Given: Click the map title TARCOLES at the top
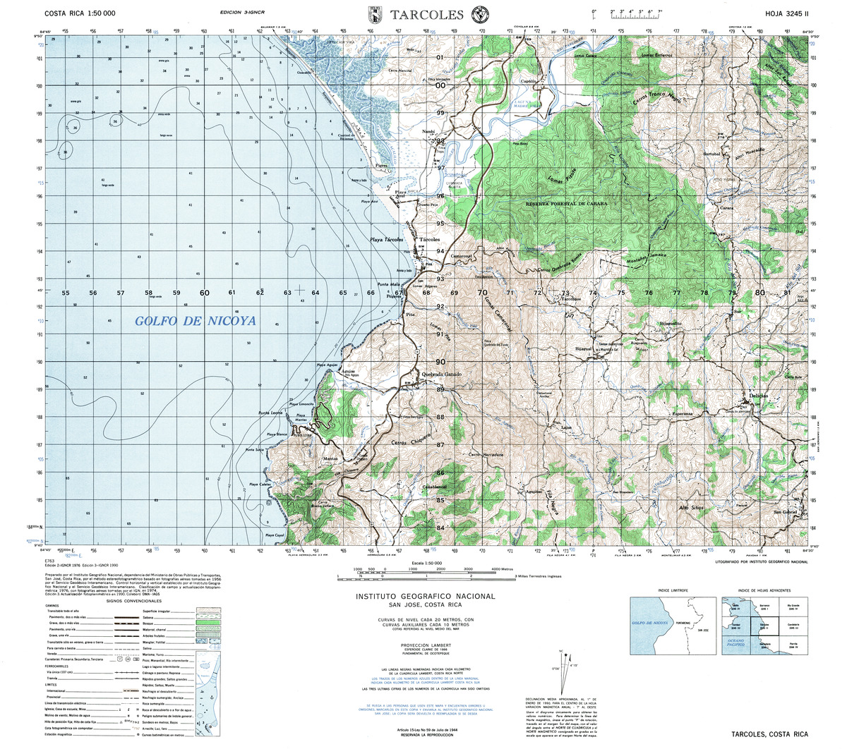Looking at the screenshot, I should tap(426, 14).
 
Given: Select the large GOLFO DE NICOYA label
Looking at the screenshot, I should tap(196, 322).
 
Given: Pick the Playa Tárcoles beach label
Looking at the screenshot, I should tap(388, 240).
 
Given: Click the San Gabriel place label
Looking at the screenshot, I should tap(786, 511).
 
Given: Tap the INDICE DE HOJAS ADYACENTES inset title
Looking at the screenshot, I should tap(763, 590).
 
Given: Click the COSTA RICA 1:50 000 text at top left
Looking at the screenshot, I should tap(80, 13).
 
